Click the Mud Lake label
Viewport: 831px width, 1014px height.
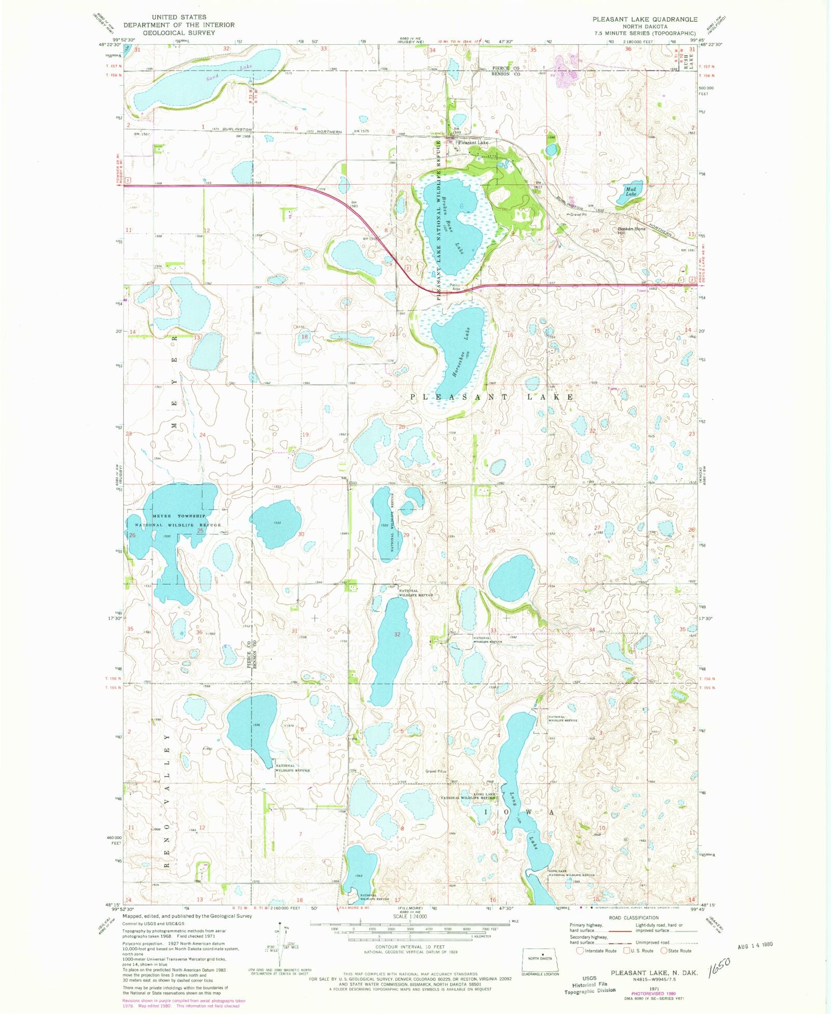[631, 192]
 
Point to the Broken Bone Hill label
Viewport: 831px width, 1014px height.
[631, 231]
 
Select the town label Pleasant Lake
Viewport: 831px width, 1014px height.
[473, 142]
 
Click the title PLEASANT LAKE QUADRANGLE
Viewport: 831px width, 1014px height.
[645, 19]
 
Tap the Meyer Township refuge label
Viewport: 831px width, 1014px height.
[179, 520]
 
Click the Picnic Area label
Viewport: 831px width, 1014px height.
[455, 287]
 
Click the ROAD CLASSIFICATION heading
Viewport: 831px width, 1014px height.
[634, 917]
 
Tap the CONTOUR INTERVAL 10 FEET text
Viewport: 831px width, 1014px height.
[403, 947]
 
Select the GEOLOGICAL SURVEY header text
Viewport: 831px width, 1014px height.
[179, 33]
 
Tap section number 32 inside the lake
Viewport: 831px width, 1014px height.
[397, 634]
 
